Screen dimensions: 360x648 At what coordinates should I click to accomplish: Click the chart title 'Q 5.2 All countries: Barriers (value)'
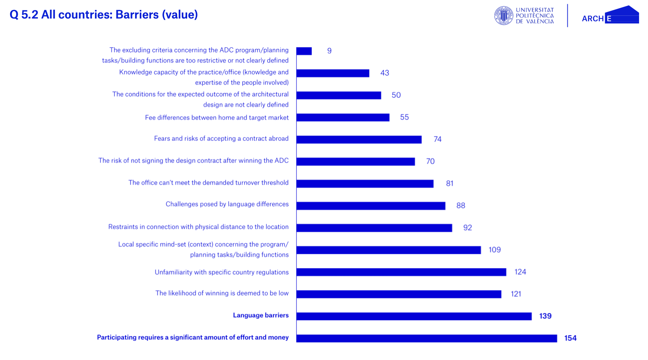pyautogui.click(x=103, y=15)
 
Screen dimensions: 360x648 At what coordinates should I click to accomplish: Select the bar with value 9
pyautogui.click(x=304, y=51)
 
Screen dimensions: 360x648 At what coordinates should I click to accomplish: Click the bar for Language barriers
pyautogui.click(x=414, y=316)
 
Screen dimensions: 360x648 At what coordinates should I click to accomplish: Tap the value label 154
pyautogui.click(x=570, y=338)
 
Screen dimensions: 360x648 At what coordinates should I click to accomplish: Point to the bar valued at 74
pyautogui.click(x=359, y=140)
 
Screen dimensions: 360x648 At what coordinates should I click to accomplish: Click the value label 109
pyautogui.click(x=494, y=250)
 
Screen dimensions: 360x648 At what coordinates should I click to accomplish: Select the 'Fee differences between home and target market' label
pyautogui.click(x=217, y=118)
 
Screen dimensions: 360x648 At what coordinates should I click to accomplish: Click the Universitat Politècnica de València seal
pyautogui.click(x=504, y=16)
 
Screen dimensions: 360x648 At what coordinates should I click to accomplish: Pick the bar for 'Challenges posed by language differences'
pyautogui.click(x=371, y=206)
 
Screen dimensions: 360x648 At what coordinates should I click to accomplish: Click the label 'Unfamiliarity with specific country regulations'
pyautogui.click(x=222, y=272)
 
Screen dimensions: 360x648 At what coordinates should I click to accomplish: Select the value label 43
pyautogui.click(x=384, y=73)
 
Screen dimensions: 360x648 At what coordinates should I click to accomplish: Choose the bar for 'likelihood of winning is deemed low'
pyautogui.click(x=399, y=294)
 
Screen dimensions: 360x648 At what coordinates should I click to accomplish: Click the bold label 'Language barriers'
pyautogui.click(x=261, y=316)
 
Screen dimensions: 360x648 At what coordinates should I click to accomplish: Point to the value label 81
pyautogui.click(x=449, y=184)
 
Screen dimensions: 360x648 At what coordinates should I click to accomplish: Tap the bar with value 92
pyautogui.click(x=374, y=228)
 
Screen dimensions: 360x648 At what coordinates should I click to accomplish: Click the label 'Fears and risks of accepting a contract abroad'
pyautogui.click(x=221, y=139)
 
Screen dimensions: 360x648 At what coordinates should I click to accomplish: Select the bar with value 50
pyautogui.click(x=338, y=95)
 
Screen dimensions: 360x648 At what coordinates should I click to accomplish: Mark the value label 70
pyautogui.click(x=430, y=161)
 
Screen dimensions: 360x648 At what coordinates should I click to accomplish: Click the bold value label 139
pyautogui.click(x=545, y=316)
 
